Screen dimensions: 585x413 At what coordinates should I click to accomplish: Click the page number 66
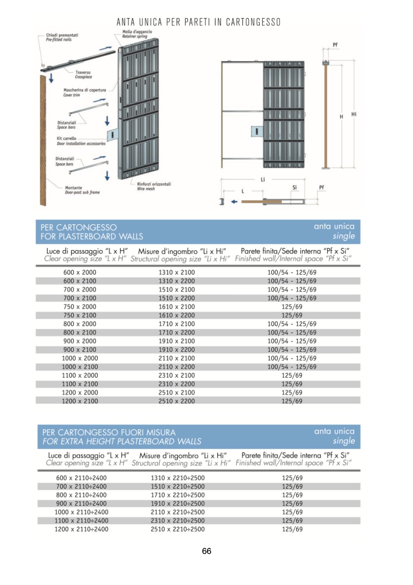coord(206,551)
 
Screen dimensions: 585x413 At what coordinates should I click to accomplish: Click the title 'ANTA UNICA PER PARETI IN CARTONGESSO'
coord(199,22)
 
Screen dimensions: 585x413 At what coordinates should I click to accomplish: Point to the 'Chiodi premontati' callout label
coord(62,35)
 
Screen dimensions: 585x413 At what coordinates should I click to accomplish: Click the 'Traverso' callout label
coord(83,72)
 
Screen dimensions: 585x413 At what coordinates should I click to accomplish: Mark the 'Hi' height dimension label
coord(354,114)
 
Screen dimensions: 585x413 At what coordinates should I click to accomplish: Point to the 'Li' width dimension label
coord(263,179)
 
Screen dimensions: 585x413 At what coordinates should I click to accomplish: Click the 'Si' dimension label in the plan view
coord(294,187)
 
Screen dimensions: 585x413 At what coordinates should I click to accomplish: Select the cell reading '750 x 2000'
coord(80,307)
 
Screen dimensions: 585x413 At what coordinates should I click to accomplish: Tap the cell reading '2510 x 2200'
coord(176,401)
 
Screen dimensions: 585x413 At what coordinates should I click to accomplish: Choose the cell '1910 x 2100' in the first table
coord(176,341)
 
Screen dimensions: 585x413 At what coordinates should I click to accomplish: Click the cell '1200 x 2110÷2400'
coord(81,529)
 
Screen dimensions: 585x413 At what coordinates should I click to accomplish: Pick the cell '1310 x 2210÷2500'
coord(177,478)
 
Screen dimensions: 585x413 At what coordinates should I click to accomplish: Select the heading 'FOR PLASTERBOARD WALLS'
coord(92,236)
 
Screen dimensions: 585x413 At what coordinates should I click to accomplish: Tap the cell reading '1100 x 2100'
coord(80,384)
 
